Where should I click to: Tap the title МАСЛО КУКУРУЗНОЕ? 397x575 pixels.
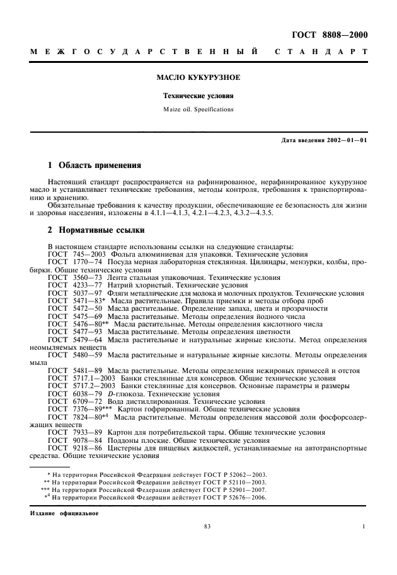[198, 79]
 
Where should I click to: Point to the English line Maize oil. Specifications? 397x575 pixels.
[198, 109]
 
